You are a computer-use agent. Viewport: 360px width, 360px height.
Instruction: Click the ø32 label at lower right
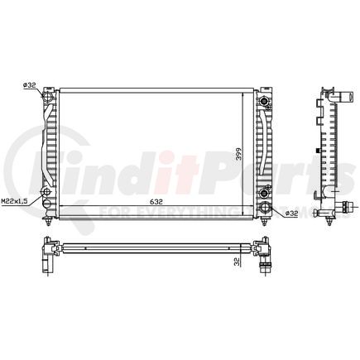[290, 214]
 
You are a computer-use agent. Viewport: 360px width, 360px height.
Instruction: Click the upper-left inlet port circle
[47, 101]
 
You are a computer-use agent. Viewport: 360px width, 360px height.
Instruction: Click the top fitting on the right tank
[266, 101]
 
